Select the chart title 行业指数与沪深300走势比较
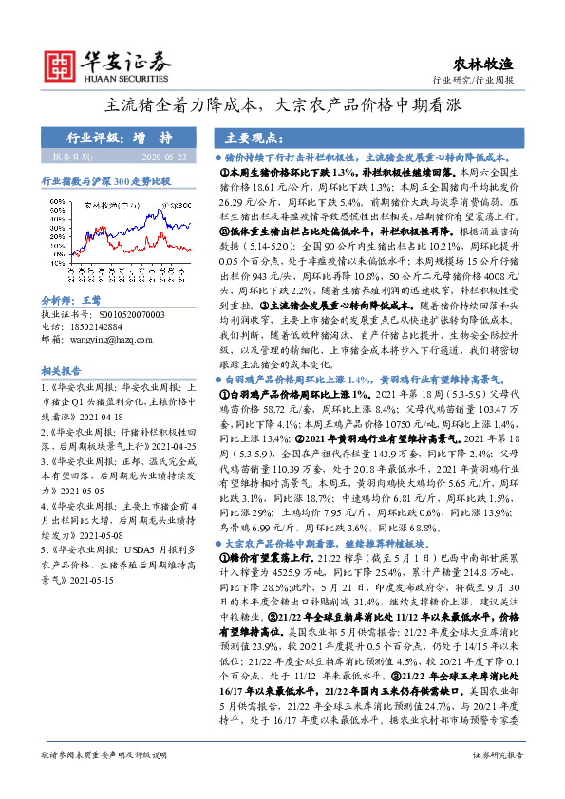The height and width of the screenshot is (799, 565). pyautogui.click(x=104, y=178)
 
